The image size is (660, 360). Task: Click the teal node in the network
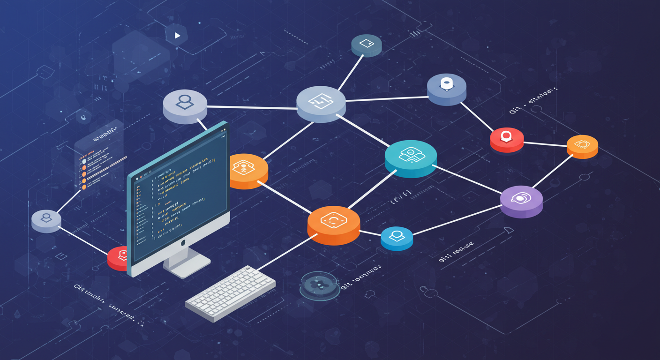[x=411, y=158]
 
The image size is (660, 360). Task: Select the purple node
[x=521, y=201]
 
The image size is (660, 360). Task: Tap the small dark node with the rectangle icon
[x=367, y=45]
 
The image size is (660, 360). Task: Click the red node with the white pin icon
[x=507, y=139]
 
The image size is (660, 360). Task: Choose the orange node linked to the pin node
[x=582, y=146]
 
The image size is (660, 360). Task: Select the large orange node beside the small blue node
[x=334, y=224]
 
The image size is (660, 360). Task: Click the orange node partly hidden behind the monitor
[x=248, y=170]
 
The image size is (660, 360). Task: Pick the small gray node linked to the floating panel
[x=46, y=220]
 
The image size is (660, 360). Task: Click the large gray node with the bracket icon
[x=321, y=103]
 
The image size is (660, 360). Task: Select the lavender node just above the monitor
[x=185, y=105]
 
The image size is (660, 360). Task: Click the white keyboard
[x=230, y=292]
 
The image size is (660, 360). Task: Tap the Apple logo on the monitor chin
[x=183, y=242]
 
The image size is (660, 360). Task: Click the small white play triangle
[x=177, y=35]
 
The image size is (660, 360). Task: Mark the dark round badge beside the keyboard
[x=319, y=284]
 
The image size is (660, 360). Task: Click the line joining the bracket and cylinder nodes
[x=387, y=99]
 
